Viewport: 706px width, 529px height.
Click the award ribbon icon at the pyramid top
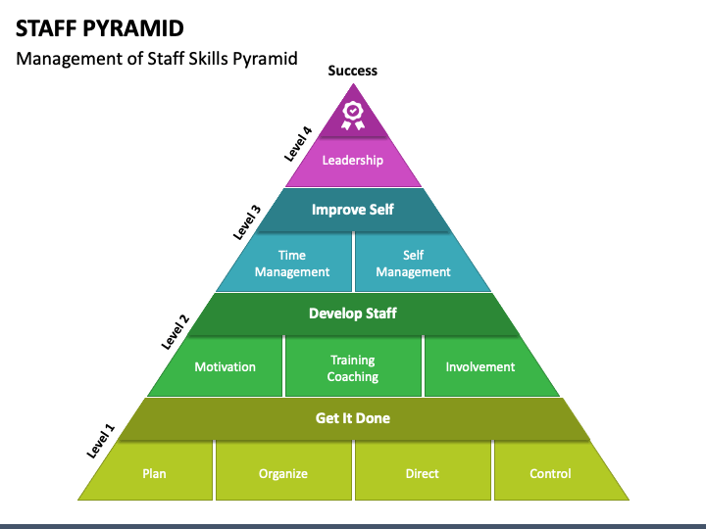click(353, 116)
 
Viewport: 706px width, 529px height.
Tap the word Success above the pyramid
click(353, 71)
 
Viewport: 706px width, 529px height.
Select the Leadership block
click(353, 161)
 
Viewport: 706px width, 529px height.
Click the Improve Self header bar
click(353, 210)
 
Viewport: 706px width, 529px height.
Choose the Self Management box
click(417, 264)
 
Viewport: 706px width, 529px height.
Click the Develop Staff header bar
click(353, 313)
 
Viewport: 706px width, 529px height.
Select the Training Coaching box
click(353, 366)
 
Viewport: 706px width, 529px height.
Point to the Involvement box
click(486, 366)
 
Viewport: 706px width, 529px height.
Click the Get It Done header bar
click(353, 418)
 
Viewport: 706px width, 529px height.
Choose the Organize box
click(283, 470)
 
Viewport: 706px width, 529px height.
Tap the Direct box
click(423, 470)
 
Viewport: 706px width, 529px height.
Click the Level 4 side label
click(298, 144)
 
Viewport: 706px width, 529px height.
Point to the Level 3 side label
click(247, 222)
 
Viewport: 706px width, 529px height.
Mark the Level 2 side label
click(176, 332)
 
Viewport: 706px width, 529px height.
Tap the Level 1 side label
click(101, 441)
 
